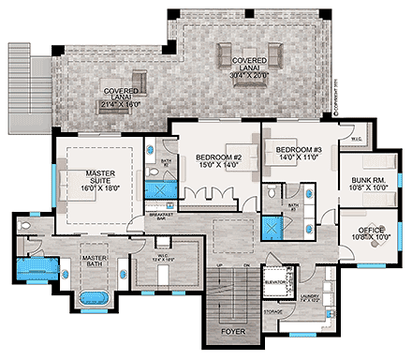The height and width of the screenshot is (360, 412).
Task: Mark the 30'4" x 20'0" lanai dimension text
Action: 249,70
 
